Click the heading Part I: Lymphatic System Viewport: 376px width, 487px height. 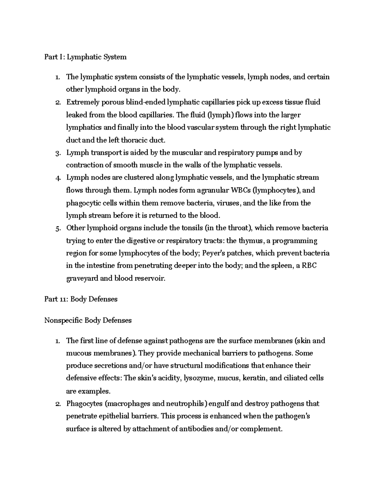pos(86,57)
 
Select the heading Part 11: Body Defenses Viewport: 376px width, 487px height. pos(81,299)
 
